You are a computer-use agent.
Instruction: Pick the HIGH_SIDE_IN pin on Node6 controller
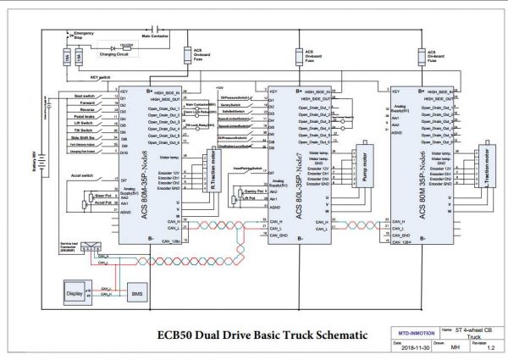coord(444,91)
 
